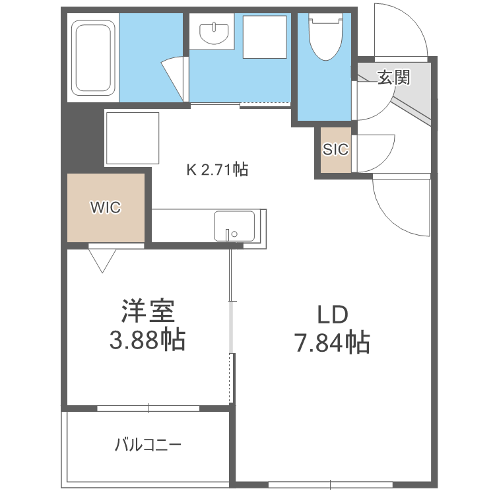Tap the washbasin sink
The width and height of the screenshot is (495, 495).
[x=214, y=32]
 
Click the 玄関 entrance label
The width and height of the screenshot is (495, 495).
[x=393, y=77]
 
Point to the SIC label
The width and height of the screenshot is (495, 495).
[x=335, y=149]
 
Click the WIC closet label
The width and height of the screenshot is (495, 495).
[x=106, y=207]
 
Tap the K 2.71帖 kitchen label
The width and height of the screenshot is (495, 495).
[x=216, y=170]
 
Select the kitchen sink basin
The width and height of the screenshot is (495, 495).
[x=234, y=226]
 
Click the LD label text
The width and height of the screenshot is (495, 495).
[x=332, y=315]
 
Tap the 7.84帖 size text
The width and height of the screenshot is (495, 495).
[x=332, y=343]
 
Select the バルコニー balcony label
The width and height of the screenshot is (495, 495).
[x=148, y=444]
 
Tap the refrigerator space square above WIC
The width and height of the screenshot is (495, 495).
[x=132, y=139]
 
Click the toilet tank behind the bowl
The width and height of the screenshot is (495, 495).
[x=325, y=20]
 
